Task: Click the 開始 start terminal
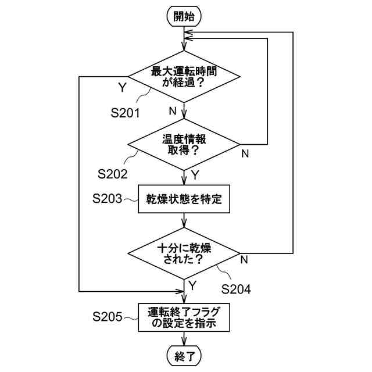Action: coord(184,16)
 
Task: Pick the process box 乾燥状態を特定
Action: coord(184,200)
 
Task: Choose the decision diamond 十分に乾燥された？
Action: coord(184,253)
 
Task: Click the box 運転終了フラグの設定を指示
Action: coord(184,317)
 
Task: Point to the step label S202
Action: coord(113,174)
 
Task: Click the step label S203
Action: coord(108,199)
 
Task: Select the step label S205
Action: coord(108,317)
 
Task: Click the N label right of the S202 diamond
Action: coord(245,153)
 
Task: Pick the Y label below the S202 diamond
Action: coord(195,174)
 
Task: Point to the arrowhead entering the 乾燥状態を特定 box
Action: coord(184,182)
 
